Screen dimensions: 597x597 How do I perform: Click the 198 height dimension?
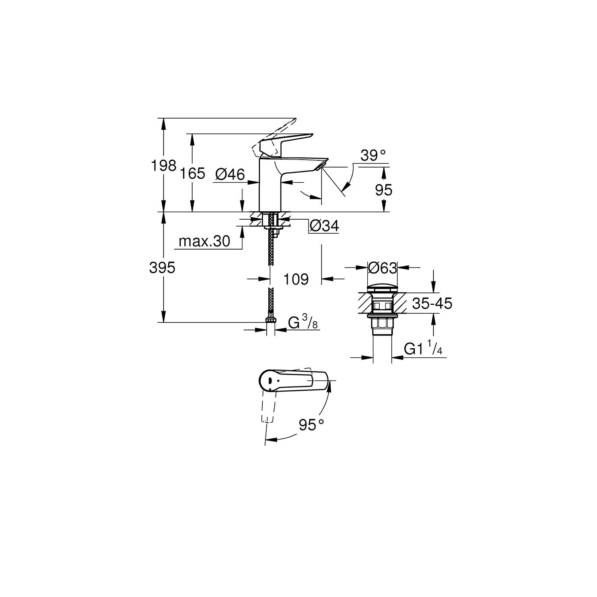point(163,165)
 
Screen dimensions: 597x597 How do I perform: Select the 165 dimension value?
point(192,174)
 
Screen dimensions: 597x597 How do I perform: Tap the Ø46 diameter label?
point(230,174)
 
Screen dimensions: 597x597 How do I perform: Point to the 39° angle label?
point(374,156)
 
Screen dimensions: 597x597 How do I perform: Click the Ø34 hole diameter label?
point(324,226)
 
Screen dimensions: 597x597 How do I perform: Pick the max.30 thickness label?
point(205,241)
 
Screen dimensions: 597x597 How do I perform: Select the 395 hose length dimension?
point(162,268)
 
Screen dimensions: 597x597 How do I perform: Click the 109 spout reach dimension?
point(296,279)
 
